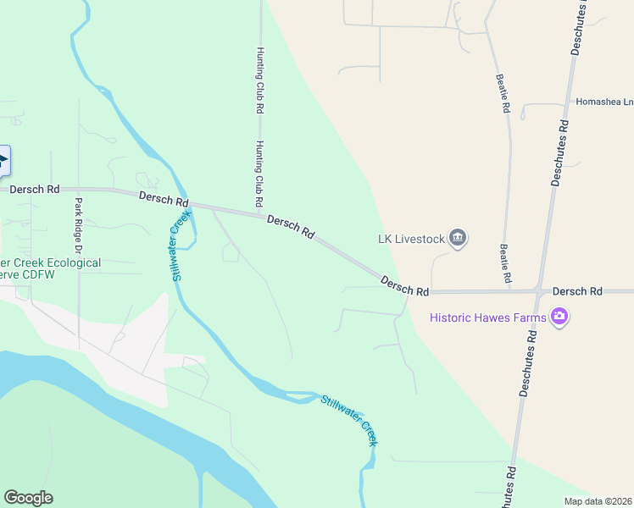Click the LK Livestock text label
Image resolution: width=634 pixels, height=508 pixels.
coord(411,239)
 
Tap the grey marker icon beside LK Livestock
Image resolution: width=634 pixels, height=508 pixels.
coord(459,238)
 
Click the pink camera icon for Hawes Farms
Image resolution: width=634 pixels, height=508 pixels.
coord(559,317)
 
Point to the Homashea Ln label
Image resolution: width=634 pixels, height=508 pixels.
coord(604,102)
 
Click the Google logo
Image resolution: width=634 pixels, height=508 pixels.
coord(28,498)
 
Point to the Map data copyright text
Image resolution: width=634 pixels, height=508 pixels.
coord(598,501)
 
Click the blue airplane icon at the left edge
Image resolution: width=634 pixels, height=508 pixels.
coord(3,161)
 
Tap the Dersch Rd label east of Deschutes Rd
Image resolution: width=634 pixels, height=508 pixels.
coord(576,291)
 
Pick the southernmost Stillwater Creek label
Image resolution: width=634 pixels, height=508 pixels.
coord(348,419)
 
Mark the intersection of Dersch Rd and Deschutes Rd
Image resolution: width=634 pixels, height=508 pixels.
coord(539,291)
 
